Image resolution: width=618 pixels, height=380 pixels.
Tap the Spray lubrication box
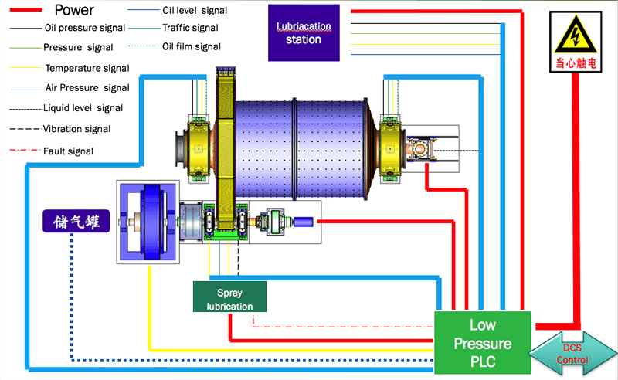point(229,297)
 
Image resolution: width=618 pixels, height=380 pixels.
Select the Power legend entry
point(85,11)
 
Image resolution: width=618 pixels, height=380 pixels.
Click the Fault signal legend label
point(69,151)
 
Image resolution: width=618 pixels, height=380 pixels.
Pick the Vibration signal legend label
point(76,129)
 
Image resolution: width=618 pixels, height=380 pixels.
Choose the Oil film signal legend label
point(192,46)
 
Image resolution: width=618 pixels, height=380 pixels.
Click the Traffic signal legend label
point(190,28)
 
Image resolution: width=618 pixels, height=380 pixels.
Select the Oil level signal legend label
point(195,11)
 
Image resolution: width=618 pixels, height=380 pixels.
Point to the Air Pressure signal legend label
point(87,88)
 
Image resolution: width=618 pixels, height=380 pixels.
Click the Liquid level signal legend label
point(83,108)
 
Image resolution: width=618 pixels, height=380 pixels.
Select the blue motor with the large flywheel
point(147,222)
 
